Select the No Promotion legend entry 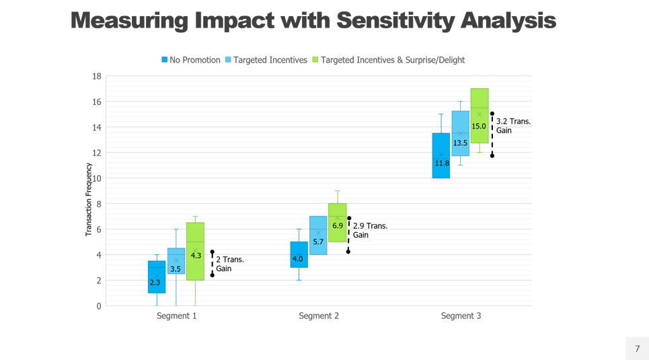pyautogui.click(x=192, y=60)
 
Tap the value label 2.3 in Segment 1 pyautogui.click(x=155, y=283)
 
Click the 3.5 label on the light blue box pyautogui.click(x=176, y=269)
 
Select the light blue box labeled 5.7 pyautogui.click(x=318, y=241)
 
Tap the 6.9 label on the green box pyautogui.click(x=338, y=225)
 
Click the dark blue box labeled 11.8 pyautogui.click(x=441, y=163)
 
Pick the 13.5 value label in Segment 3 pyautogui.click(x=461, y=143)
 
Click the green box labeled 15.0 pyautogui.click(x=479, y=125)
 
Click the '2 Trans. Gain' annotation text pyautogui.click(x=230, y=264)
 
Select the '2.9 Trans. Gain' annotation pyautogui.click(x=370, y=230)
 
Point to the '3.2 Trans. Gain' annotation pyautogui.click(x=513, y=126)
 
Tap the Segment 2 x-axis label pyautogui.click(x=319, y=316)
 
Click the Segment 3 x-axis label pyautogui.click(x=461, y=316)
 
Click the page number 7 pyautogui.click(x=637, y=348)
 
